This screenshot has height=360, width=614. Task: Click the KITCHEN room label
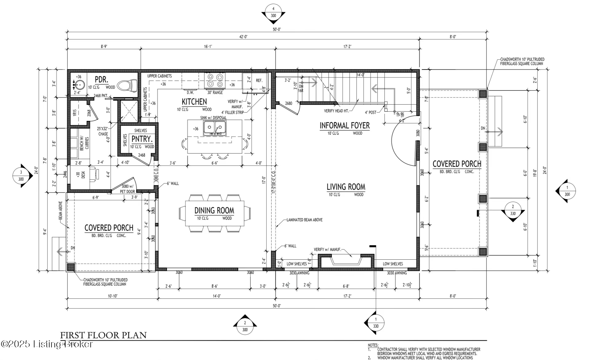pyautogui.click(x=194, y=102)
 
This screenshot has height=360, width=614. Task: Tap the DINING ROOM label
pyautogui.click(x=214, y=210)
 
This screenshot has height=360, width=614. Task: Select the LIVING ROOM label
pyautogui.click(x=346, y=187)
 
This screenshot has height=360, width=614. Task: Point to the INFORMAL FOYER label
pyautogui.click(x=345, y=126)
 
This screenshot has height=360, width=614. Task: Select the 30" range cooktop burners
pyautogui.click(x=215, y=80)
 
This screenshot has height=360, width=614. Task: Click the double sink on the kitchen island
pyautogui.click(x=215, y=127)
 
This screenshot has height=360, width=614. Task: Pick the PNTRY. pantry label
pyautogui.click(x=142, y=139)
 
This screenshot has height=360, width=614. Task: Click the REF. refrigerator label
pyautogui.click(x=259, y=80)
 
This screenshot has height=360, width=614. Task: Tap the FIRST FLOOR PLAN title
pyautogui.click(x=103, y=335)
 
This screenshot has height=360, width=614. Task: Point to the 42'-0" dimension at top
pyautogui.click(x=243, y=37)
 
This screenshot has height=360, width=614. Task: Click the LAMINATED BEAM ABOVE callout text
pyautogui.click(x=304, y=220)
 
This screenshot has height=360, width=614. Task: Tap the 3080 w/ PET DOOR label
pyautogui.click(x=127, y=189)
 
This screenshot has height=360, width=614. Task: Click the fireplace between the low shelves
pyautogui.click(x=346, y=262)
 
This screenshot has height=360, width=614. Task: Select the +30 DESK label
pyautogui.click(x=81, y=175)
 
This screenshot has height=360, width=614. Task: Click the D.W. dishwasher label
pyautogui.click(x=190, y=92)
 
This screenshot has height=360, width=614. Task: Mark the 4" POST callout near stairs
pyautogui.click(x=370, y=112)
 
